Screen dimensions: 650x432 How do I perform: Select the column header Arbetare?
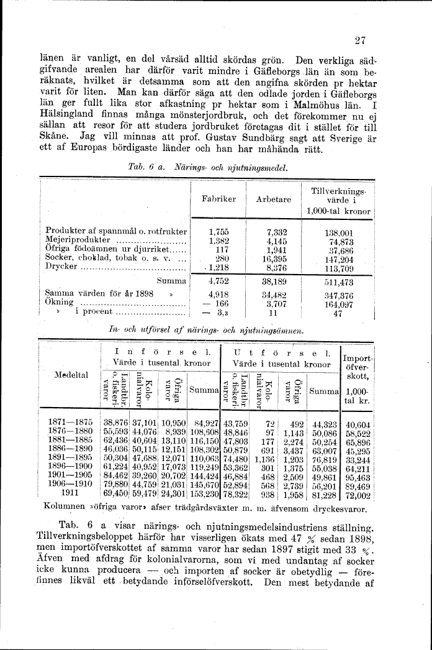click(273, 199)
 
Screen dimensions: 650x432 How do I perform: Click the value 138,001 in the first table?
click(339, 231)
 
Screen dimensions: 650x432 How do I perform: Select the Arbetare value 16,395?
click(273, 257)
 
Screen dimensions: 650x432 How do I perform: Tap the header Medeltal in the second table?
click(70, 375)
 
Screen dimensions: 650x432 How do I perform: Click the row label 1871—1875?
click(70, 423)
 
